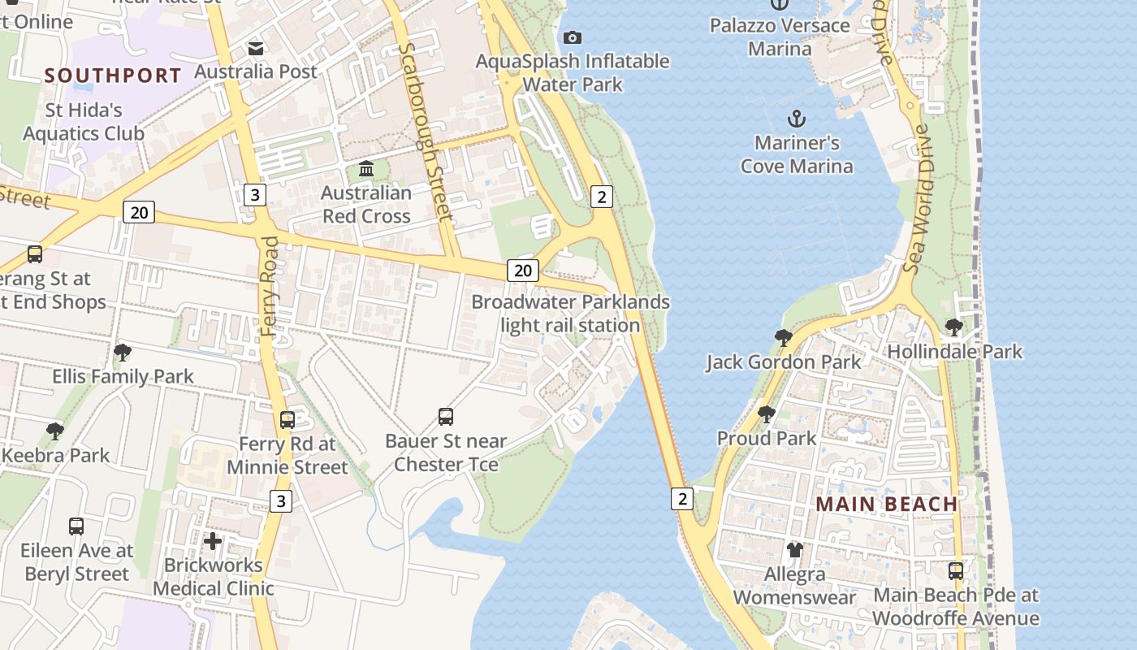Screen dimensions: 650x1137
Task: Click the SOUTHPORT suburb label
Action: point(113,76)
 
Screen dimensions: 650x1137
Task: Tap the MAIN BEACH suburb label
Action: point(887,504)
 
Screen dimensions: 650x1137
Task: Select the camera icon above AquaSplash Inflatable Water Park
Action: point(573,37)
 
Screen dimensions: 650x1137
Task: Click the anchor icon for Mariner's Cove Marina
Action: point(797,119)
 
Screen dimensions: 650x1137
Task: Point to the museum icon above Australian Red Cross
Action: point(366,169)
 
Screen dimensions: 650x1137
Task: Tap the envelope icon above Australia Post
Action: point(256,48)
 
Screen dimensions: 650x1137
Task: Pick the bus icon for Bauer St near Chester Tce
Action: point(446,417)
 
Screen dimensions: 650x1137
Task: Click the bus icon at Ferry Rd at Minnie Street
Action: point(287,420)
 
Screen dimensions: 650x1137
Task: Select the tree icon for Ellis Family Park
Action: point(123,353)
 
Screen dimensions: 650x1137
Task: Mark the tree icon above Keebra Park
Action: point(55,431)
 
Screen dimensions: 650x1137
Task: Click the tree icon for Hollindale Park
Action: point(954,327)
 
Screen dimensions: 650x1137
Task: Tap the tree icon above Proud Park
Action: point(766,414)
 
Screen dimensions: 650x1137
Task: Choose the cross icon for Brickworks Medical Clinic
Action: point(213,541)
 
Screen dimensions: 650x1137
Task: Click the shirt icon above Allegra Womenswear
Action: point(794,550)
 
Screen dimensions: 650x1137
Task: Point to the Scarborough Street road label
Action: point(425,132)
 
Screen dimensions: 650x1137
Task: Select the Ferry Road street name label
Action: point(271,286)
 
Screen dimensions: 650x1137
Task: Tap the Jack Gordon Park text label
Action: point(783,362)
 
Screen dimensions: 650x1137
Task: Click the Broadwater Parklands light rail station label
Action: point(570,314)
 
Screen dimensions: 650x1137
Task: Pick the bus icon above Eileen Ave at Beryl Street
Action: point(76,526)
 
